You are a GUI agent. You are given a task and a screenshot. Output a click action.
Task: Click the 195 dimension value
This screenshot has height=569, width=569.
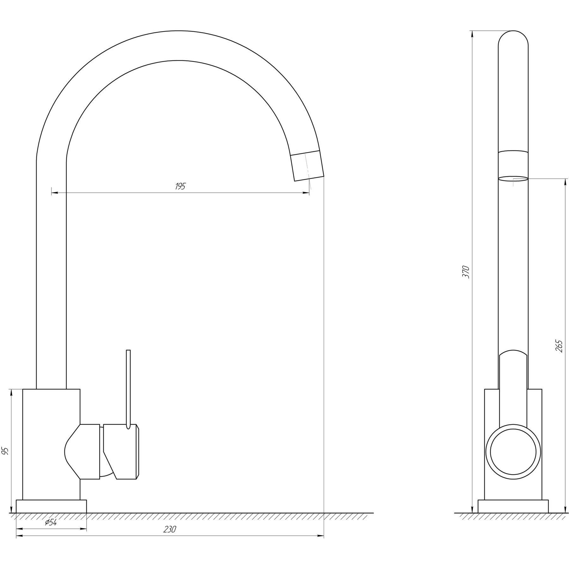click(180, 186)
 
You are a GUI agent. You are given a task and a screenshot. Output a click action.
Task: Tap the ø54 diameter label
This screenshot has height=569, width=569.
click(51, 523)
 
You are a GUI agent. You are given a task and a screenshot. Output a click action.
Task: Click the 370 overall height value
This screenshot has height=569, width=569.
click(466, 272)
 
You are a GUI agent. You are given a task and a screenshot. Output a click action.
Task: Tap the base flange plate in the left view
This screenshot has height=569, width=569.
click(51, 506)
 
